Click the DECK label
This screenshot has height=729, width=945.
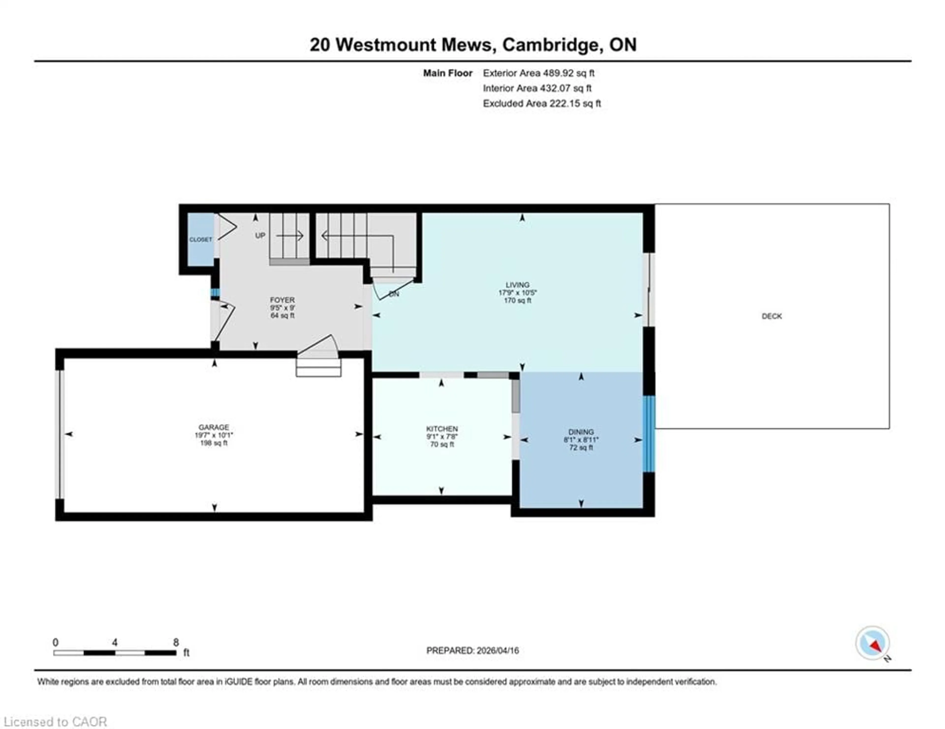point(772,316)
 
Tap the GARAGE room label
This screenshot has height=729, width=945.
point(214,427)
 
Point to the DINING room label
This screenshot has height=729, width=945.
point(581,431)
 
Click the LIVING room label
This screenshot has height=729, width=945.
point(518,285)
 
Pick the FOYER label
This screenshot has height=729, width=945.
point(282,300)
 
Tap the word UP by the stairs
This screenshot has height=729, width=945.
point(260,236)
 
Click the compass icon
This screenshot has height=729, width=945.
point(872,643)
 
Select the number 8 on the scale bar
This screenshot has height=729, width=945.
point(176,642)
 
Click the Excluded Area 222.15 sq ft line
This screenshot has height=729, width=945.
point(542,103)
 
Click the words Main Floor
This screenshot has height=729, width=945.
point(447,73)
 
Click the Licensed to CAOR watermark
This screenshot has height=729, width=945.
point(55,722)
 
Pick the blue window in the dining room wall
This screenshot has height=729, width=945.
point(649,434)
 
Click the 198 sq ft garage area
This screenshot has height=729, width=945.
point(214,443)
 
